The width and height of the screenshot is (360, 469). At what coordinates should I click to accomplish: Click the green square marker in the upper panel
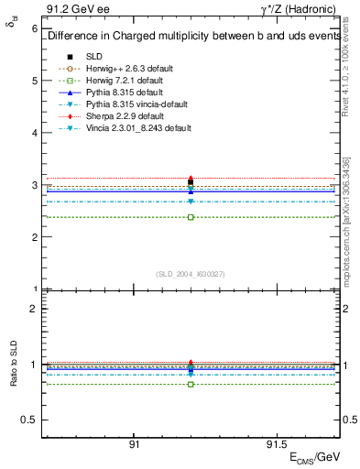(x=191, y=217)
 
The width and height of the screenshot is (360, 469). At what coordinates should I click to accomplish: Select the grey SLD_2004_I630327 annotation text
(x=191, y=273)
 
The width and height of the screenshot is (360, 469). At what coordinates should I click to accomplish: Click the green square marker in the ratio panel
(x=191, y=384)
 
